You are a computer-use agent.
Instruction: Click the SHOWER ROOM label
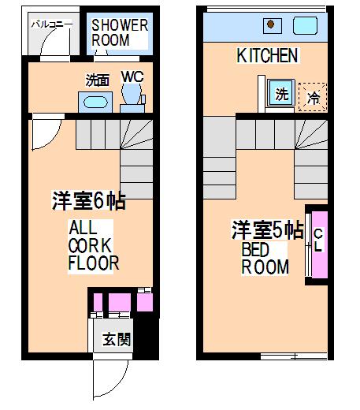(120, 32)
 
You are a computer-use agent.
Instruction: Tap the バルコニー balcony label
(52, 24)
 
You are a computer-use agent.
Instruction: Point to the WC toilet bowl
(132, 93)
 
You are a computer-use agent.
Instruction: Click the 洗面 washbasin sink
(95, 102)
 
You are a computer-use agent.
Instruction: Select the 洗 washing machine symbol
(281, 93)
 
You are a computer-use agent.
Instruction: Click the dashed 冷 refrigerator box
(313, 97)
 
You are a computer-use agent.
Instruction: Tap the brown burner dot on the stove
(271, 24)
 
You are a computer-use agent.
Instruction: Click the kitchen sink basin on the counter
(305, 25)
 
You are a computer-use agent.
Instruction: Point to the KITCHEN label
(267, 55)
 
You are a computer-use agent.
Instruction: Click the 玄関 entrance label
(117, 339)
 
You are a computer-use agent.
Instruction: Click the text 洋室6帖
(89, 201)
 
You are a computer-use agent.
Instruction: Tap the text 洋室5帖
(268, 229)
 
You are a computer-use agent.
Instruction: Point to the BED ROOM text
(265, 259)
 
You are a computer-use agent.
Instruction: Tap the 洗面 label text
(98, 80)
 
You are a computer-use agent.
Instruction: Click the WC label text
(132, 76)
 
